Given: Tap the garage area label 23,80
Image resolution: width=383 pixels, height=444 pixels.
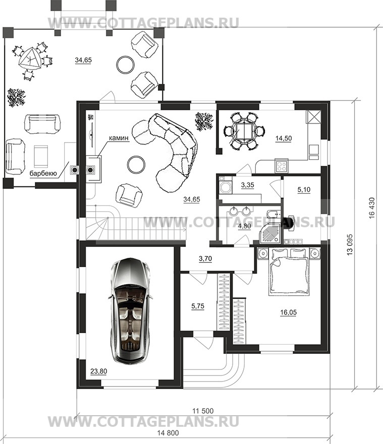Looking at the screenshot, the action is pyautogui.click(x=99, y=371).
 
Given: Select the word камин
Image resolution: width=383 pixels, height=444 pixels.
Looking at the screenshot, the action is pyautogui.click(x=119, y=138).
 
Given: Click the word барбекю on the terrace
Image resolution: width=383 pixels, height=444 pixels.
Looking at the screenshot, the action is pyautogui.click(x=43, y=173).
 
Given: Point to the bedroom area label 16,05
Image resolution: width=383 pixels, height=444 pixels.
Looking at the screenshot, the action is pyautogui.click(x=288, y=312).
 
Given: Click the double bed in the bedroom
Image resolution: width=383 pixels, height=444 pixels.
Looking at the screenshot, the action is pyautogui.click(x=289, y=271).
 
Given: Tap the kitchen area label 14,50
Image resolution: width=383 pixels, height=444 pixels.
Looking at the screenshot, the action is pyautogui.click(x=284, y=139).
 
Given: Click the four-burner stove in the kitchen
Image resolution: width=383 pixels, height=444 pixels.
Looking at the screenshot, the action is pyautogui.click(x=282, y=166).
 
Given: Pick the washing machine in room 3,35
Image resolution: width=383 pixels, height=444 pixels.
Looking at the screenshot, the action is pyautogui.click(x=226, y=185).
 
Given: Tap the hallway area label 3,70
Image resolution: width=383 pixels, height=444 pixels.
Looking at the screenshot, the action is pyautogui.click(x=205, y=259).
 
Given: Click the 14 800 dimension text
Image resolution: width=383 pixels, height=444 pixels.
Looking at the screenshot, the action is pyautogui.click(x=168, y=433).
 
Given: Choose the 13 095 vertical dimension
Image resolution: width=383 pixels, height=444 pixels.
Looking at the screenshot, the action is pyautogui.click(x=350, y=245).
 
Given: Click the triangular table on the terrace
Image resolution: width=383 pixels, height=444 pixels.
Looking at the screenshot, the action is pyautogui.click(x=29, y=59).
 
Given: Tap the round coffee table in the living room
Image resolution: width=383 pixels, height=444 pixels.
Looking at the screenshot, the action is pyautogui.click(x=136, y=164).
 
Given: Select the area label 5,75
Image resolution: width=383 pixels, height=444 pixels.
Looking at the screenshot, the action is pyautogui.click(x=198, y=306).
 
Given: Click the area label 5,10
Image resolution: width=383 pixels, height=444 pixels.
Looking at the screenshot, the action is pyautogui.click(x=304, y=189).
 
